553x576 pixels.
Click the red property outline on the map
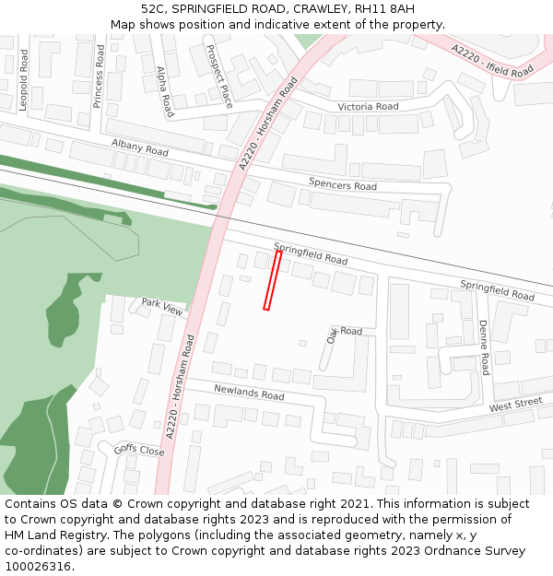(272, 280)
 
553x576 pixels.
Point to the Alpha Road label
(165, 91)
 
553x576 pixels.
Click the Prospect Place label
(220, 76)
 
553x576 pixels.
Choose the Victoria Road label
(368, 107)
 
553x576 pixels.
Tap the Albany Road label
(140, 147)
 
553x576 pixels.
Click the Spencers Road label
(343, 185)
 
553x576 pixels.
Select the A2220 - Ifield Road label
(492, 60)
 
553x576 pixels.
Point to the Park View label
(162, 306)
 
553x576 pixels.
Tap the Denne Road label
(484, 347)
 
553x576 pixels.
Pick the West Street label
(516, 405)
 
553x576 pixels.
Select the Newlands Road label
(249, 393)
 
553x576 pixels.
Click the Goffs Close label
(138, 451)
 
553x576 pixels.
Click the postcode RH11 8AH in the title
(382, 9)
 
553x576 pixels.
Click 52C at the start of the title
(154, 9)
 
